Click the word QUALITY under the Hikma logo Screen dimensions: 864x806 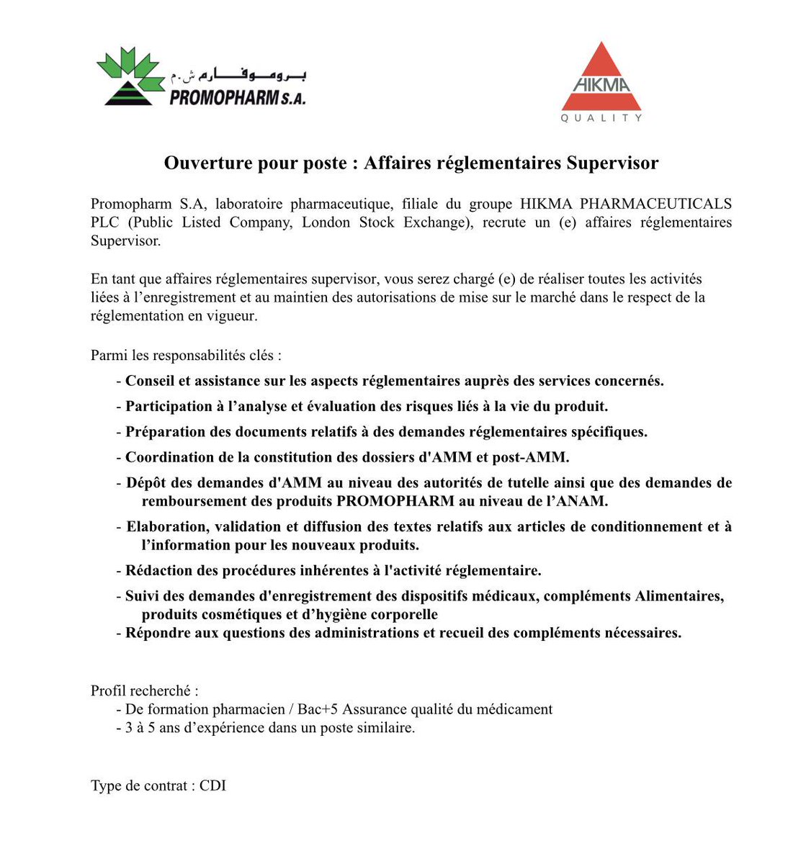point(601,118)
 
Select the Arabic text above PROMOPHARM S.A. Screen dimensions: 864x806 point(238,75)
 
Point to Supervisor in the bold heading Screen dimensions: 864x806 point(612,163)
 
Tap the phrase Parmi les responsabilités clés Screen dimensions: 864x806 point(185,355)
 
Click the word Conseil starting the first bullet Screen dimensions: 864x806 point(151,381)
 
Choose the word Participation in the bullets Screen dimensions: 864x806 point(169,406)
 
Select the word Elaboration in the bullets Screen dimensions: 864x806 point(166,526)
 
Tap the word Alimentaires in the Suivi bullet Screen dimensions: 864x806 point(677,596)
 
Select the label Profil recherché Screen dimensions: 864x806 point(144,691)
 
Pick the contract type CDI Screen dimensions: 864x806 point(212,786)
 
